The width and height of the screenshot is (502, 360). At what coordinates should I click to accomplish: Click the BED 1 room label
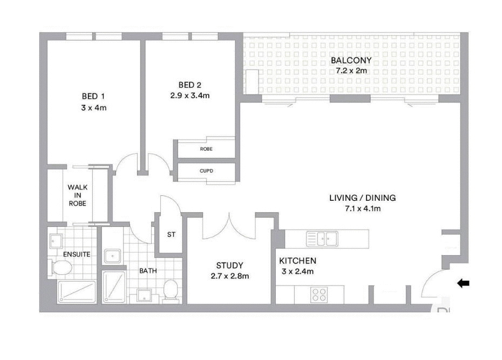[x=93, y=96]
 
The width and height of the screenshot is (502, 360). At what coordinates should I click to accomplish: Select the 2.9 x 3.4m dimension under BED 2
[x=186, y=96]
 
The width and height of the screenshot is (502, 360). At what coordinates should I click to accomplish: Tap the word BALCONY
[x=351, y=60]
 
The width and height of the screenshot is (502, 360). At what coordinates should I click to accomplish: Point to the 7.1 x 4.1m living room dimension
[x=362, y=208]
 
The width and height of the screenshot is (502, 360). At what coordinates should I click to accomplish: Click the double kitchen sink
[x=322, y=238]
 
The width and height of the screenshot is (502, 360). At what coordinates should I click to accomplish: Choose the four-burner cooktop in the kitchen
[x=319, y=295]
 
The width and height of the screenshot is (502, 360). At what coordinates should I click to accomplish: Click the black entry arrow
[x=463, y=283]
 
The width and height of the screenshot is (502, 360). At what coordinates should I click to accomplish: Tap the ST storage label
[x=171, y=235]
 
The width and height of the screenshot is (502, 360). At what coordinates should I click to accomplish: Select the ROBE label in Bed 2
[x=206, y=148]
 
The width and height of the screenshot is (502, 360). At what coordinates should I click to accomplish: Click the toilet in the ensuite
[x=60, y=267]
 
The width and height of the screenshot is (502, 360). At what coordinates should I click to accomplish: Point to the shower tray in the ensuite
[x=77, y=292]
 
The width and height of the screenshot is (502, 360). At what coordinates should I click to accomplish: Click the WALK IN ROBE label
[x=77, y=195]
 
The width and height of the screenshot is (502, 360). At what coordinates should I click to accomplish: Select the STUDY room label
[x=229, y=266]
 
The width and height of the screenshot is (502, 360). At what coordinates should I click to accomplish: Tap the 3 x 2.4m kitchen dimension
[x=297, y=271]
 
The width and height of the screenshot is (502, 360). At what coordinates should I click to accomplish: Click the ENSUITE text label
[x=77, y=254]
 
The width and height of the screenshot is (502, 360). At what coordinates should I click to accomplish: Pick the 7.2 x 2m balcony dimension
[x=351, y=71]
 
